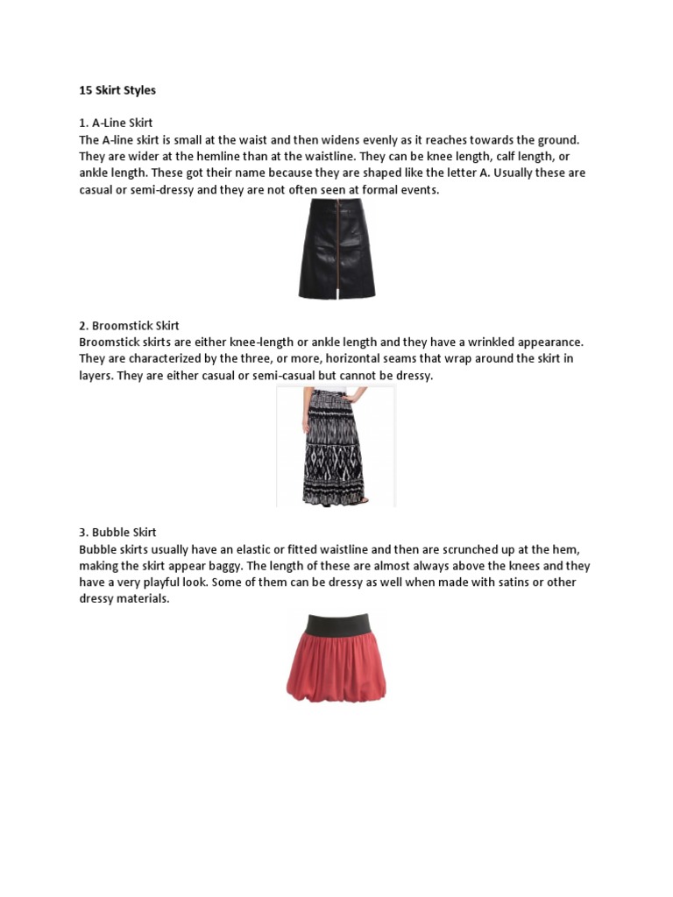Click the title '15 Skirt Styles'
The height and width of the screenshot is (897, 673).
117,90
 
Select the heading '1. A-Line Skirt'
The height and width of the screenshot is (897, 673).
117,123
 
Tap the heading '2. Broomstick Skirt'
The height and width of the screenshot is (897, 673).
129,326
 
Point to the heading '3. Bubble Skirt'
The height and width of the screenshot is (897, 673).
117,533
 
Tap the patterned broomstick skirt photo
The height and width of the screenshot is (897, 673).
336,446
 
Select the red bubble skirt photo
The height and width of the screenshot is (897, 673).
336,657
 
